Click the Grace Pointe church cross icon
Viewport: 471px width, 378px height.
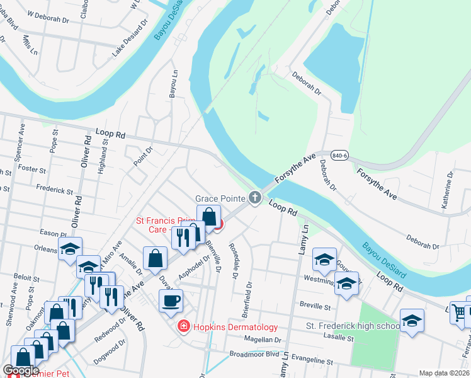click(255, 198)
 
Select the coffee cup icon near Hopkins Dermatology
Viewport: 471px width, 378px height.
click(171, 301)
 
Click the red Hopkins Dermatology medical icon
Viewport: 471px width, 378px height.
click(183, 326)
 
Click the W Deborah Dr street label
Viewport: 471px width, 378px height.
click(47, 20)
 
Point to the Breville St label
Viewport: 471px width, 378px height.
click(315, 307)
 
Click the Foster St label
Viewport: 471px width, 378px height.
click(33, 170)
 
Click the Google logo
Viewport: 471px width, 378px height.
click(21, 370)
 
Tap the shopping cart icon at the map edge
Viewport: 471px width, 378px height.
click(460, 312)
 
